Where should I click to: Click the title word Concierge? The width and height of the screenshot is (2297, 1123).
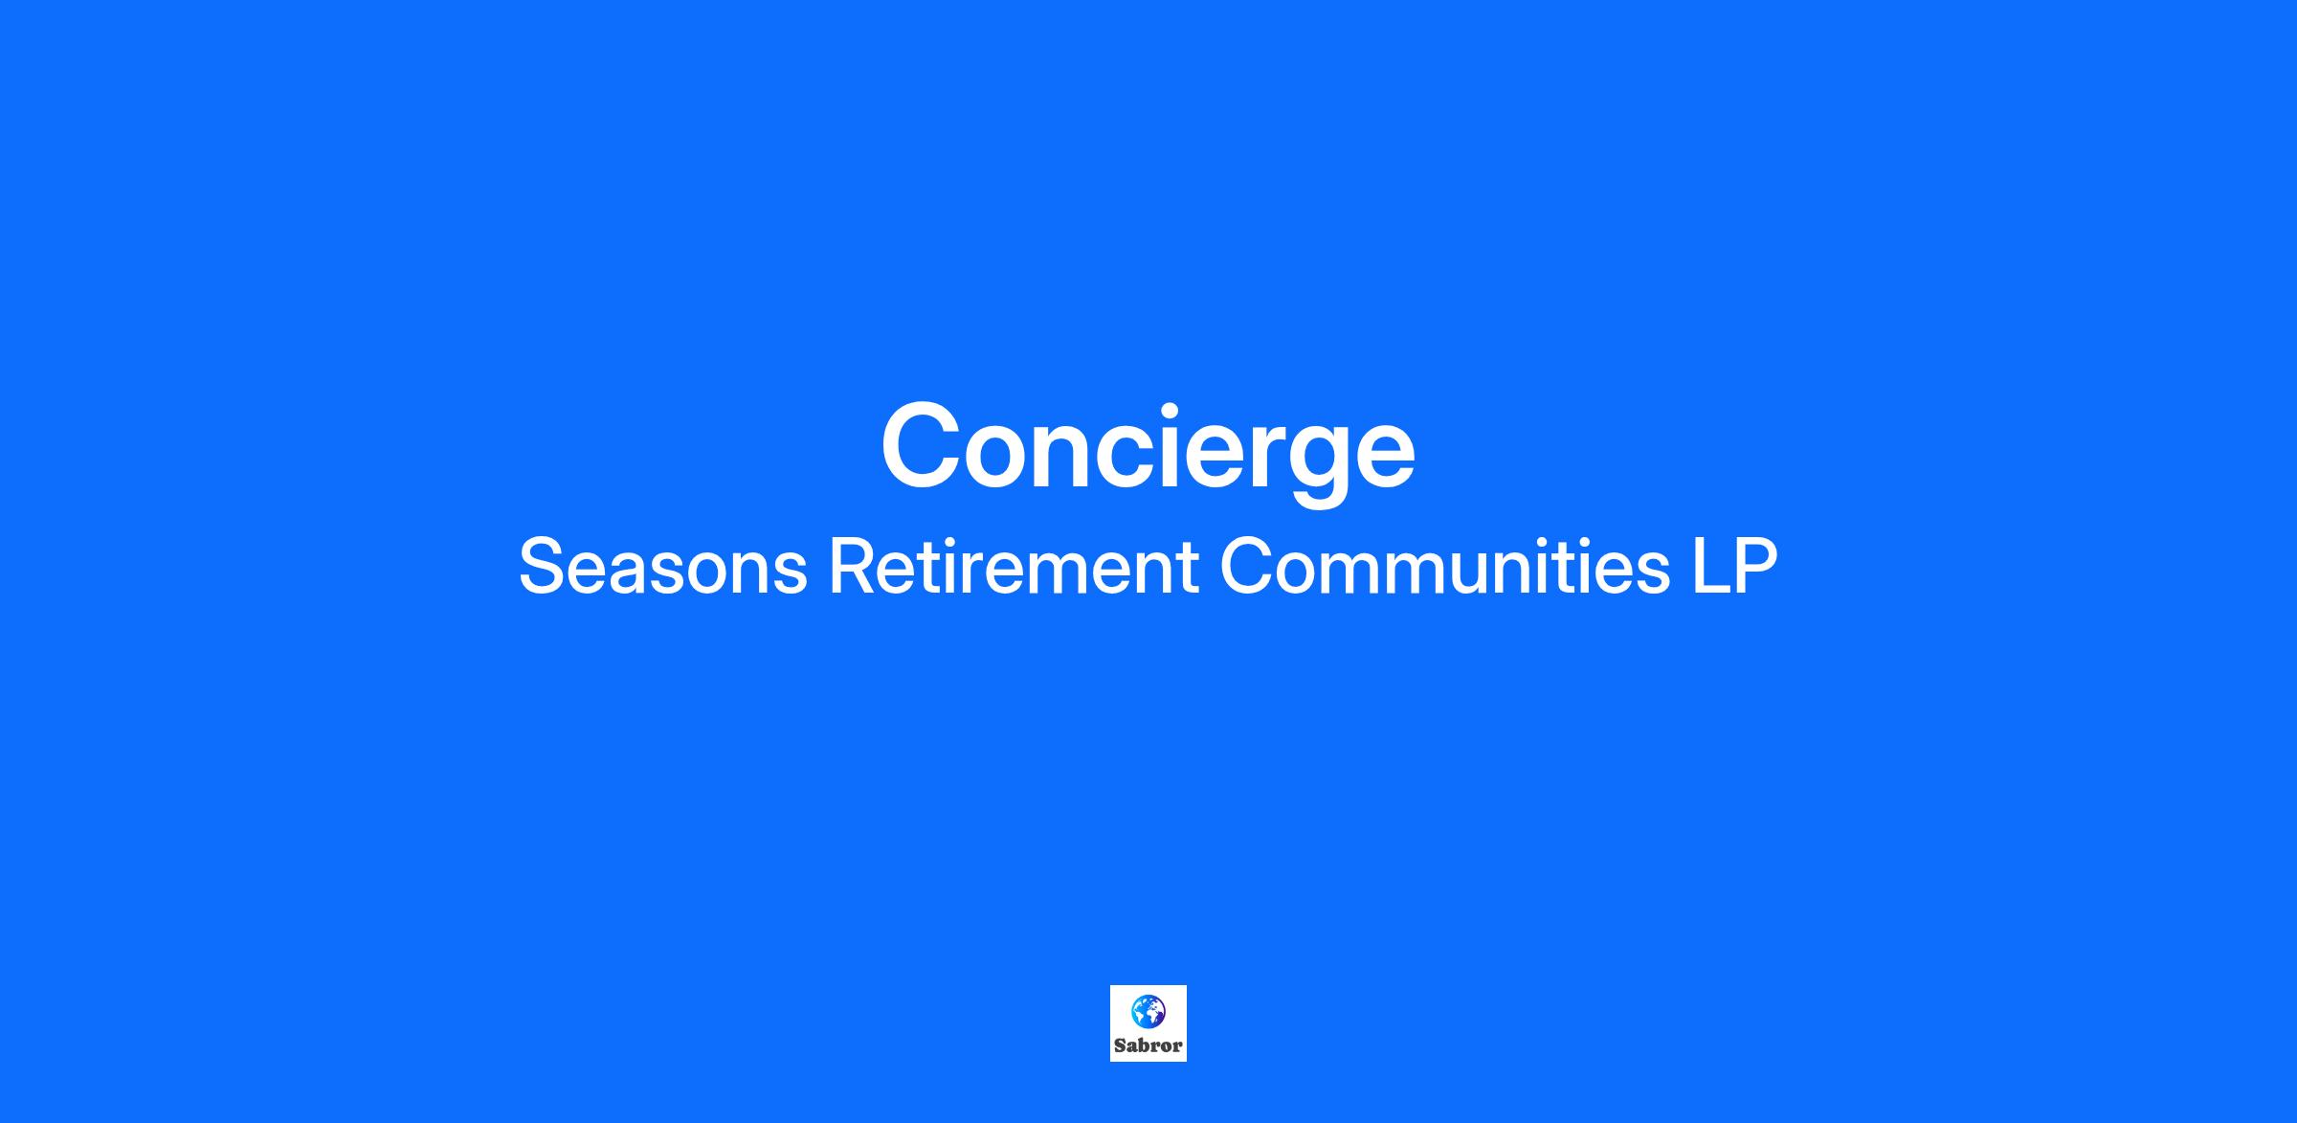point(1148,449)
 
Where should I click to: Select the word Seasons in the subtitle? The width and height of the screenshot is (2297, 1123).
point(663,567)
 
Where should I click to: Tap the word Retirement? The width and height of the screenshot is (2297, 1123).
point(1014,567)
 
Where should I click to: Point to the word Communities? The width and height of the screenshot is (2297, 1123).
point(1444,567)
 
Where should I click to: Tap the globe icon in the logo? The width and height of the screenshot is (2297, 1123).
point(1148,1010)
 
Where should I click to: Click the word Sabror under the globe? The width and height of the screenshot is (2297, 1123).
point(1148,1045)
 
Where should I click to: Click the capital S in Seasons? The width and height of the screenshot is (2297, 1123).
point(542,567)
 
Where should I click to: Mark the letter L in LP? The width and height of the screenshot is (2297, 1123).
point(1709,567)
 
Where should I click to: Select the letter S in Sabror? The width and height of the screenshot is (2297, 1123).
point(1120,1045)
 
